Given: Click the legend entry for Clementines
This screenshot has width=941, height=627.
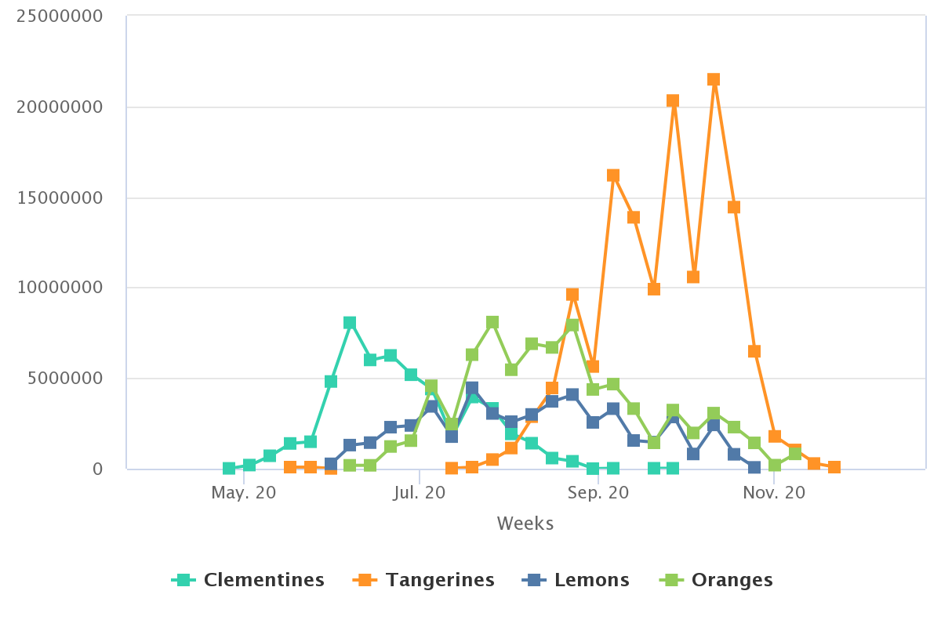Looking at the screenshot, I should pos(248,580).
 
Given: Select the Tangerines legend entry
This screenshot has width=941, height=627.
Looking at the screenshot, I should pos(424,580).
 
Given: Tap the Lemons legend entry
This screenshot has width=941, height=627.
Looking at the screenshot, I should pos(576,580).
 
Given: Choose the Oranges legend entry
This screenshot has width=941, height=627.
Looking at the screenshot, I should pos(716,580).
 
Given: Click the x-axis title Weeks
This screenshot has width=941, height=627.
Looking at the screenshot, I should pos(525,524).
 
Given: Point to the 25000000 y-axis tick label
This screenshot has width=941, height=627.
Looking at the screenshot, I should pos(60,16).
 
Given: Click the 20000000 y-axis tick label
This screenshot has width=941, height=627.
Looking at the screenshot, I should pos(60,107).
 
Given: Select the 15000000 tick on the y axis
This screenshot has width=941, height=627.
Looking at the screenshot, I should pos(60,198).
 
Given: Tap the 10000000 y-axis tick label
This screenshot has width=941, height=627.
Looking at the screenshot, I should pos(60,288).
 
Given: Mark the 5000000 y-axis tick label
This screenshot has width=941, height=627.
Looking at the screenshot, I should pos(66,379).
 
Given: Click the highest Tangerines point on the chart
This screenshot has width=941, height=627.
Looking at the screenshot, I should pos(714,79).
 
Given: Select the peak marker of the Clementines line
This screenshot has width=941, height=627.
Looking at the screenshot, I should pos(350,323).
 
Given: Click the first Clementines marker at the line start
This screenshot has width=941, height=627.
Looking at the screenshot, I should pos(229,469).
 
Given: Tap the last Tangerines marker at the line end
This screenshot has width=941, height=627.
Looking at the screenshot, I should pos(834,467).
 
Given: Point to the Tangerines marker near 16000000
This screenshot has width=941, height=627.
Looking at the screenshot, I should pos(613,176).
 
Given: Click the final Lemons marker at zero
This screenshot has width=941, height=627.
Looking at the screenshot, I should pos(754,468).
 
